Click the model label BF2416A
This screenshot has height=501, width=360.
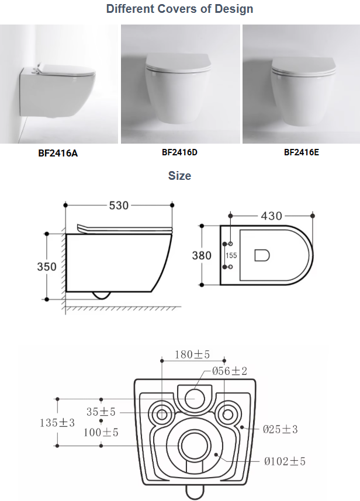click(x=58, y=154)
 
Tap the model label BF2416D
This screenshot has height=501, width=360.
click(x=179, y=152)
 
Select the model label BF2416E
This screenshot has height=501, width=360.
click(x=302, y=152)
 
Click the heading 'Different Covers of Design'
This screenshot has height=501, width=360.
click(x=179, y=9)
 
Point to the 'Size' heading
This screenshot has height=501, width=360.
click(x=179, y=176)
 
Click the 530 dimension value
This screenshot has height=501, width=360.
click(x=119, y=206)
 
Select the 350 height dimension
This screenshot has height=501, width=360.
click(x=47, y=266)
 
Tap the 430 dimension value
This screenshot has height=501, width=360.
click(x=271, y=216)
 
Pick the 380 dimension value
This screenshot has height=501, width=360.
click(x=202, y=255)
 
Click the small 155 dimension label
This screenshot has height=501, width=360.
click(x=231, y=256)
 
